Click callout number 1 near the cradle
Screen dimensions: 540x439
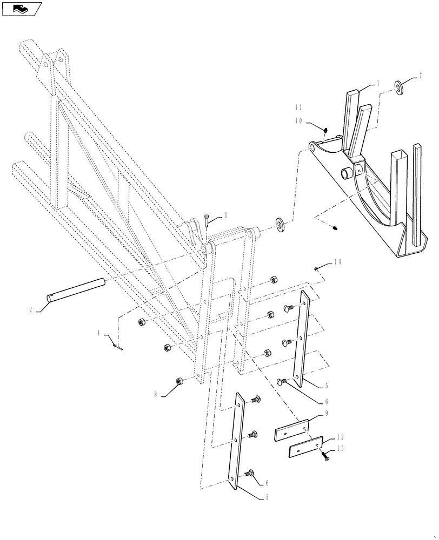378,83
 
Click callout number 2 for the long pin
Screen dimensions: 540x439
31,310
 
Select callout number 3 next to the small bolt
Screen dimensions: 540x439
225,215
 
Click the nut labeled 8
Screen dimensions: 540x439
180,382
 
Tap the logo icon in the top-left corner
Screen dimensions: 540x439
22,9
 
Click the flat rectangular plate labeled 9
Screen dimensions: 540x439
292,432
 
